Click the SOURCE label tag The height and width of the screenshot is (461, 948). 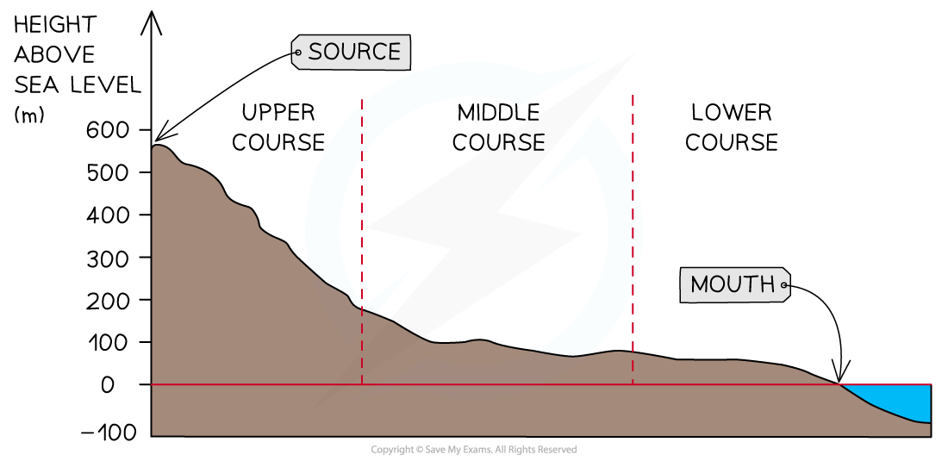(351, 52)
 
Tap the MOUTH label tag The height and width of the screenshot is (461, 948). (734, 284)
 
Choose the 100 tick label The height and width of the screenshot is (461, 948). (109, 343)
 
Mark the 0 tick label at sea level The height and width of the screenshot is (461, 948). (108, 385)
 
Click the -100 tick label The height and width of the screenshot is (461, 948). (108, 433)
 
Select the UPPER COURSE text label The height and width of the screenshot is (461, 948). (278, 128)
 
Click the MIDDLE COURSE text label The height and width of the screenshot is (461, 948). (499, 128)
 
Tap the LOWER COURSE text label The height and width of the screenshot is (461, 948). (732, 128)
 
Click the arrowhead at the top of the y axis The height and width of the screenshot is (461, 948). (151, 22)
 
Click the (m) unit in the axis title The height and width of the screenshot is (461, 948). (29, 115)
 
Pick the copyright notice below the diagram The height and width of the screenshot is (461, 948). (473, 450)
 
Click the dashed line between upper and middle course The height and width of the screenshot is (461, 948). (362, 241)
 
